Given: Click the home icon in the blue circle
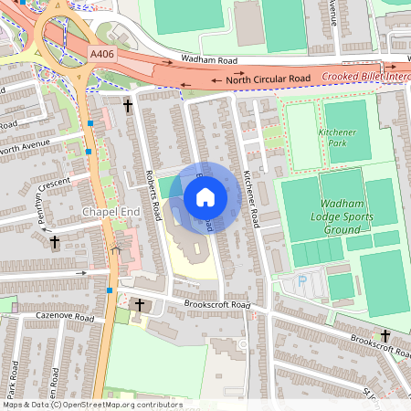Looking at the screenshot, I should coord(205,197).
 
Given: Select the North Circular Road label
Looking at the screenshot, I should coord(269,80).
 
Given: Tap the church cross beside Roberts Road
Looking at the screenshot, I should coord(128,108).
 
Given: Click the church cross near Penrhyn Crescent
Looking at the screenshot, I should coord(55,242).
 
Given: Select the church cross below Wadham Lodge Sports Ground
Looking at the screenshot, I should coord(385,336).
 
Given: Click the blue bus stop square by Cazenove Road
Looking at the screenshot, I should coord(110,290).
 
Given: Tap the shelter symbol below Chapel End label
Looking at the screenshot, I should coord(114,248).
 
